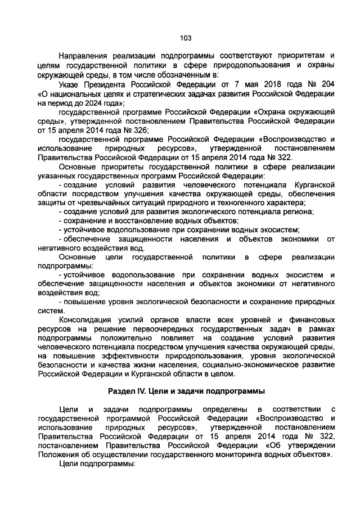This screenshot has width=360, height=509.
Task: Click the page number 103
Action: click(186, 38)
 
